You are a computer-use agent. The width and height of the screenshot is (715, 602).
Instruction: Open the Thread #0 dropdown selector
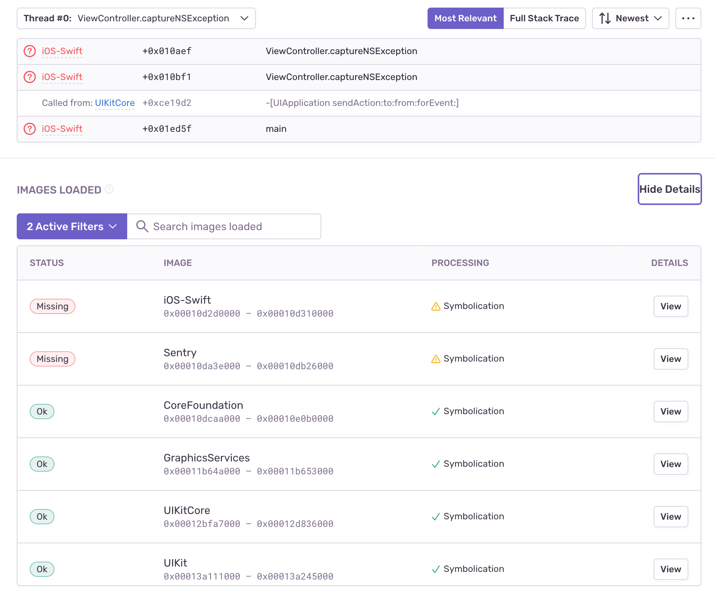[136, 18]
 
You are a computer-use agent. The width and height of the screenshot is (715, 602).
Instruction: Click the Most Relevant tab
[465, 18]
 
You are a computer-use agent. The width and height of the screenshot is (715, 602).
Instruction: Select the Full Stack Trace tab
[544, 18]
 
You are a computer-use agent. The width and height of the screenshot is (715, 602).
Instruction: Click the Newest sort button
[630, 18]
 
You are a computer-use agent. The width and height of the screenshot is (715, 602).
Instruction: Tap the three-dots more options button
[688, 18]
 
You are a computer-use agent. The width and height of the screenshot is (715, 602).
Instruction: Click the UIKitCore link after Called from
[115, 103]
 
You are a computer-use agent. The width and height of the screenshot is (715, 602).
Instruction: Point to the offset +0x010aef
[167, 51]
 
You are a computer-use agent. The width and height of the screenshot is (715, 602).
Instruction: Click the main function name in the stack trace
[276, 129]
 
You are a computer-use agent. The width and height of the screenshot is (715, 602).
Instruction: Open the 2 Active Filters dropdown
[72, 226]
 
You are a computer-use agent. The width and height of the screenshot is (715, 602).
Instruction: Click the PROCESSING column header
[460, 263]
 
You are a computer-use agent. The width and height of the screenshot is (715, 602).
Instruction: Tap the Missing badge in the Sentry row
[53, 359]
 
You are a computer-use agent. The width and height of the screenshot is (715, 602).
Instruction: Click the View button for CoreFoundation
[670, 411]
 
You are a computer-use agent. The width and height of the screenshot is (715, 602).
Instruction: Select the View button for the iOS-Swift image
[670, 306]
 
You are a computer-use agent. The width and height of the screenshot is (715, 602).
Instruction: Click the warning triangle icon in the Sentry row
[436, 359]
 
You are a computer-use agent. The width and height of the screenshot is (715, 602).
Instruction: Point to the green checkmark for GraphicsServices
[436, 464]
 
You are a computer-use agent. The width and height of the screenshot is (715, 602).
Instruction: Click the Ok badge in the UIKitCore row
[42, 517]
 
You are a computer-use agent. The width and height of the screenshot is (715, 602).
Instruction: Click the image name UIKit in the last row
[175, 563]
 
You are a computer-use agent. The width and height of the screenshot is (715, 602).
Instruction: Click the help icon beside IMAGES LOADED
[109, 189]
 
